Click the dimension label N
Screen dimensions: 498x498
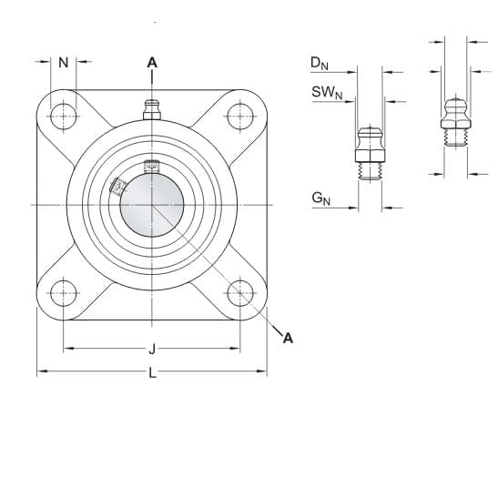click(x=64, y=63)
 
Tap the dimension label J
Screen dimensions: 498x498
click(x=152, y=349)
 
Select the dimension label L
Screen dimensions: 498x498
click(x=153, y=372)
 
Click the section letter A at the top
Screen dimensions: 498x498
click(x=152, y=63)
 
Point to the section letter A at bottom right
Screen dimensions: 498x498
click(x=288, y=338)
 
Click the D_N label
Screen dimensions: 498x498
click(x=320, y=63)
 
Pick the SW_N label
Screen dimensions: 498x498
click(x=327, y=93)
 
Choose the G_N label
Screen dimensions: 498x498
click(x=321, y=198)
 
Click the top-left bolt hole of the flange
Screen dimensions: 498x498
click(x=64, y=117)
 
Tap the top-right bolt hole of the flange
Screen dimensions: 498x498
click(x=240, y=117)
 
